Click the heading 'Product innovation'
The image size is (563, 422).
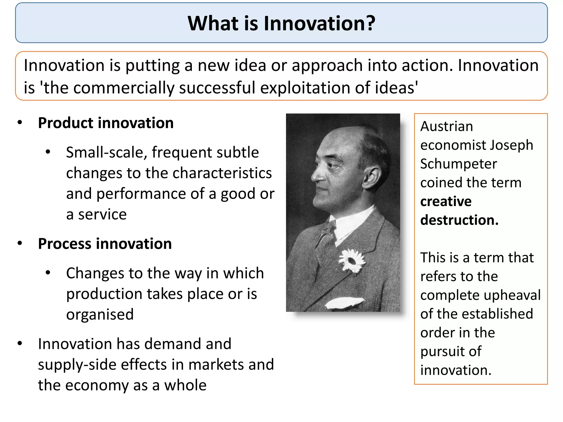[106, 123]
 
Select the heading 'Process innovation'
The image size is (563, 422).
[105, 244]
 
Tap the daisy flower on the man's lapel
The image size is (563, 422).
[352, 261]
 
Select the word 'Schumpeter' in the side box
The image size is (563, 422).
[458, 164]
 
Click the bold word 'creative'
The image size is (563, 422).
[446, 201]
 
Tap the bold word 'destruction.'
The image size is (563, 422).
[459, 220]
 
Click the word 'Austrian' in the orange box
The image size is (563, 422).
[446, 126]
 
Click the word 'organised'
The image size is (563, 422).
[100, 314]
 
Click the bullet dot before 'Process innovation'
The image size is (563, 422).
[20, 243]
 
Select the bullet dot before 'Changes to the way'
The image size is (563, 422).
[48, 273]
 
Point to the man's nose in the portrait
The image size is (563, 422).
[316, 177]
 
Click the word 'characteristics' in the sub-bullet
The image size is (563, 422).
[222, 173]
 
